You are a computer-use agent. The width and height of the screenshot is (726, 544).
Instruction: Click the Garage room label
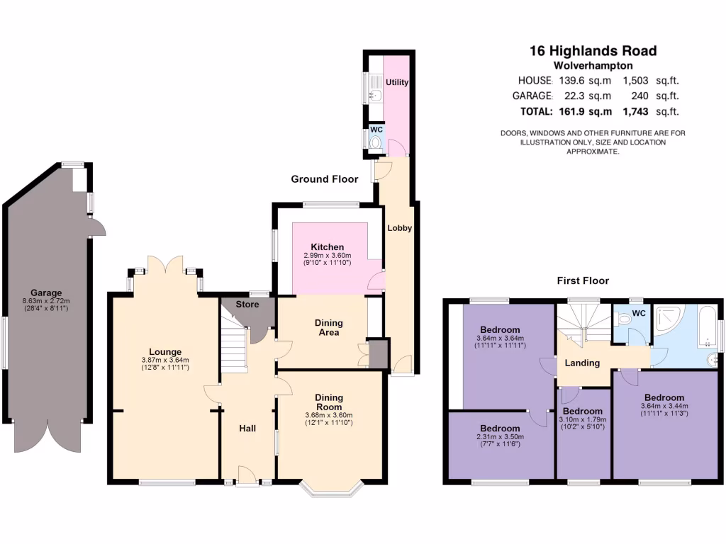[x=46, y=293]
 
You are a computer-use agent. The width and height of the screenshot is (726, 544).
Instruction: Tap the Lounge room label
[x=165, y=351]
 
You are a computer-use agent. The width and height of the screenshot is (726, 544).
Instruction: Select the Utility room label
[x=397, y=82]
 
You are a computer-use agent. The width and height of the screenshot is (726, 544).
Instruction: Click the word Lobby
[x=399, y=228]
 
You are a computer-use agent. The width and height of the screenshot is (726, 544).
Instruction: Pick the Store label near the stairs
[x=247, y=305]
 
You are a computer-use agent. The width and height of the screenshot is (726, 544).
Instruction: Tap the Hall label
[x=247, y=429]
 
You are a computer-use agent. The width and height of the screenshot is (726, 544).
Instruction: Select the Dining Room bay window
[x=331, y=489]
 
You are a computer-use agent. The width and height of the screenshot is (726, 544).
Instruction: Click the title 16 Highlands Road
[x=593, y=50]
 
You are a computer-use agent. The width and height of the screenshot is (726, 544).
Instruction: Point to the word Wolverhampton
[x=593, y=64]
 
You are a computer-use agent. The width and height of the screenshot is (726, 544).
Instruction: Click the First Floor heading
[x=582, y=280]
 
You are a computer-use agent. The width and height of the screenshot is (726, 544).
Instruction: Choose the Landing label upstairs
[x=582, y=363]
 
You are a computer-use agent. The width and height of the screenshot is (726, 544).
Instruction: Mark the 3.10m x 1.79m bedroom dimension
[x=583, y=420]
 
